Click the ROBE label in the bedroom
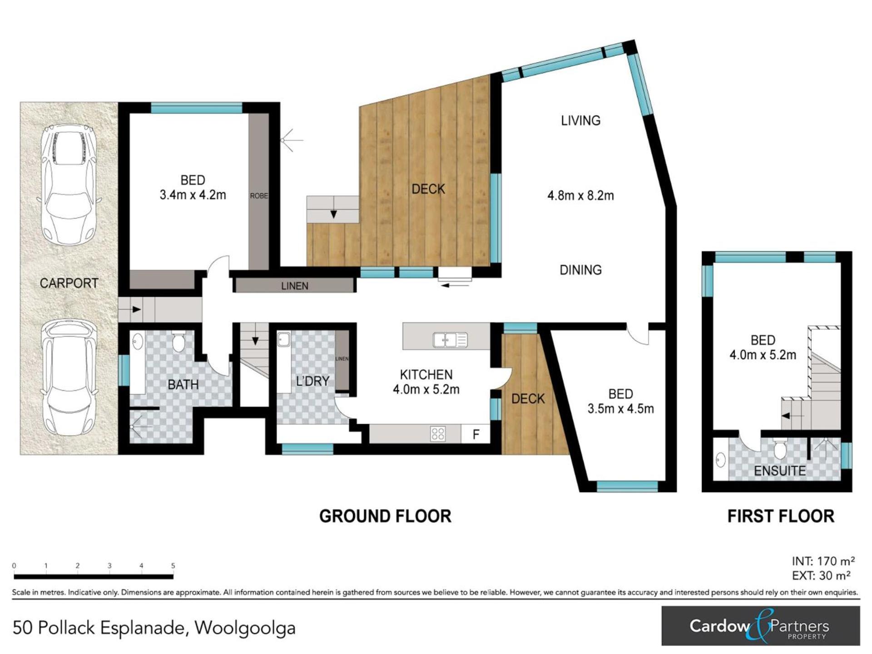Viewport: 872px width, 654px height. [259, 196]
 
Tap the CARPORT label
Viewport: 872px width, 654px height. [69, 283]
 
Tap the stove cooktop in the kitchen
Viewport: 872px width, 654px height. [438, 434]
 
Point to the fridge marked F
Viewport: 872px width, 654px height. [476, 434]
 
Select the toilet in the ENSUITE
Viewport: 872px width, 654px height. [780, 448]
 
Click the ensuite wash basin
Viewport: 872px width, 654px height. [721, 460]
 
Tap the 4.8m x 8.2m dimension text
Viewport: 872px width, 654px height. [581, 196]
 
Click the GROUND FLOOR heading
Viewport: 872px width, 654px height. [385, 516]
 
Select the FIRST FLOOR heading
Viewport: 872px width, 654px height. [781, 516]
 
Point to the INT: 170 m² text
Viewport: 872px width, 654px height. [823, 561]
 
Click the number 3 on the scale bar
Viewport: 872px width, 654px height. [109, 566]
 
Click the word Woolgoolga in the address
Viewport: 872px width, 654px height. [245, 629]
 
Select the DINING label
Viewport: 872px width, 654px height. [581, 270]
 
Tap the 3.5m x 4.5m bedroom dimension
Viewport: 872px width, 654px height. [621, 409]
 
